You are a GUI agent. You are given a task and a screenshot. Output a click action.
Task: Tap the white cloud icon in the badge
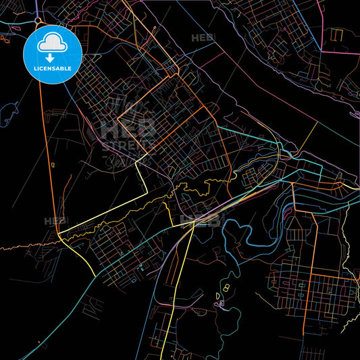tap(53, 42)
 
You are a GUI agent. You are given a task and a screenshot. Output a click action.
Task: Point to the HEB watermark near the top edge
tap(202, 38)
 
